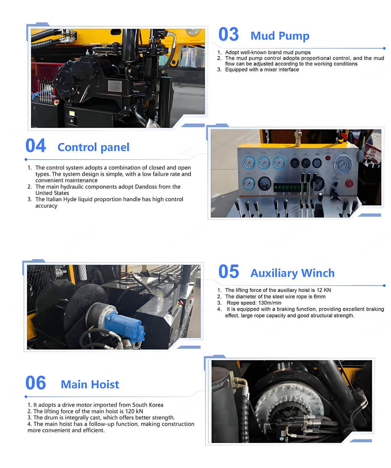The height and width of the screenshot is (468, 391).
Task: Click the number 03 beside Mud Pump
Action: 229,34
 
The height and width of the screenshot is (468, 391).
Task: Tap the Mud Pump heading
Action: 280,36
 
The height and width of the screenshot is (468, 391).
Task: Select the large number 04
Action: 36,146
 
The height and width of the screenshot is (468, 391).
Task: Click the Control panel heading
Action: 94,147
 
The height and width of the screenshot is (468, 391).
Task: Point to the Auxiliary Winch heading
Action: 292,273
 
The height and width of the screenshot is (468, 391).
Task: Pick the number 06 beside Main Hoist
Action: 36,382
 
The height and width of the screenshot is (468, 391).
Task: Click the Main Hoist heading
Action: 90,384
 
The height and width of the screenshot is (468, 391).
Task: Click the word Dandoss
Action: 146,187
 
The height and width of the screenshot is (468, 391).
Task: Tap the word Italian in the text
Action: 54,199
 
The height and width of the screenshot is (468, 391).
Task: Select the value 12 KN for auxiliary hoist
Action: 323,290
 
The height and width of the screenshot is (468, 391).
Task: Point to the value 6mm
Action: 320,296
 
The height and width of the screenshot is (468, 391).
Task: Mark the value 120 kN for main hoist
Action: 134,411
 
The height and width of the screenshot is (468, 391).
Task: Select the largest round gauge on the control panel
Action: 343,165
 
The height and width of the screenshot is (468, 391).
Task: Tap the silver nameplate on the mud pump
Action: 115,86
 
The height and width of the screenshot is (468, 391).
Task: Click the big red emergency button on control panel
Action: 349,183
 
